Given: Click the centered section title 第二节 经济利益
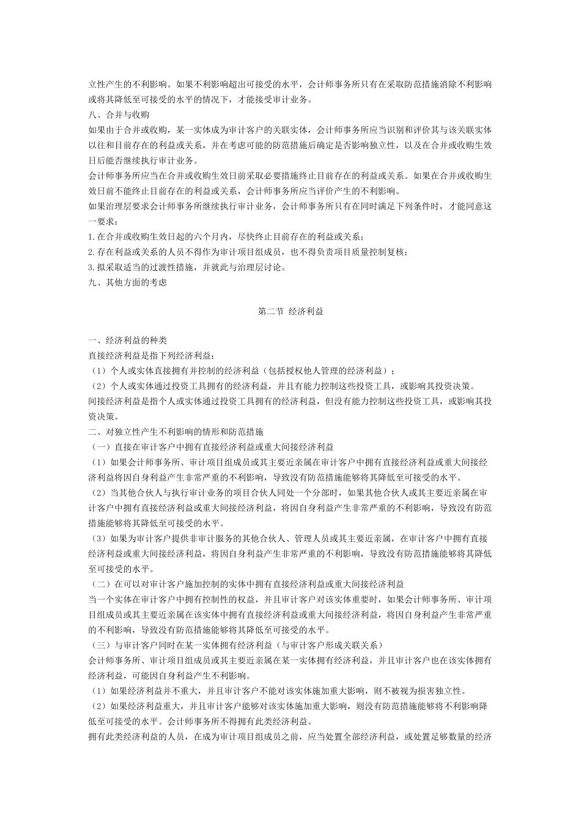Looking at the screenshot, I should pos(290,311).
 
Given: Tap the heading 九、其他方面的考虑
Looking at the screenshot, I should pos(127,282).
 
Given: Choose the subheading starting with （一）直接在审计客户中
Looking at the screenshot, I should pos(211,446).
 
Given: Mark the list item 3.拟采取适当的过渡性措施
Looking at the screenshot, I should pos(187,267).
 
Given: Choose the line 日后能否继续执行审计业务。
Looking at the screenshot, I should pos(144,160).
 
